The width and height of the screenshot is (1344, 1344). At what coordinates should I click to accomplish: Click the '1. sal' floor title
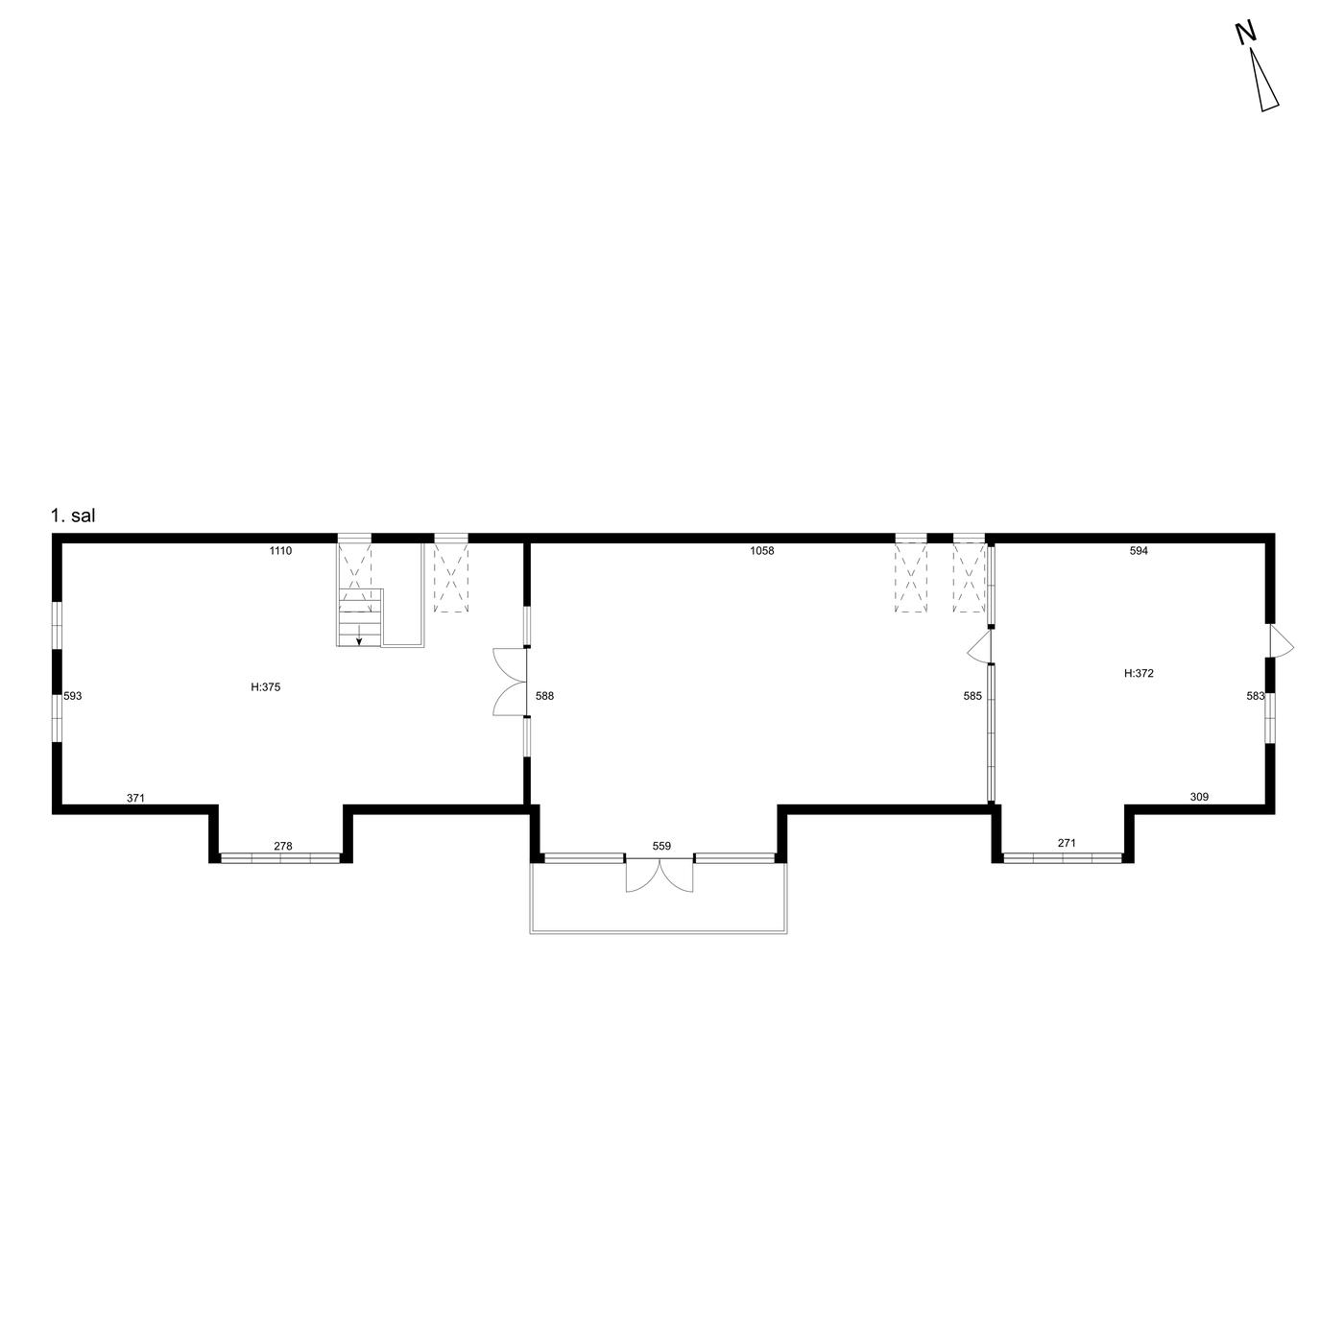click(x=73, y=516)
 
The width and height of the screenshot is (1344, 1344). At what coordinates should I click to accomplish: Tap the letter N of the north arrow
click(x=1245, y=33)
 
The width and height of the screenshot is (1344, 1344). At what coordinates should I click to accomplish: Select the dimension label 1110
click(x=280, y=551)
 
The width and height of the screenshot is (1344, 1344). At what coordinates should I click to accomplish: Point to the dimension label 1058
click(x=761, y=550)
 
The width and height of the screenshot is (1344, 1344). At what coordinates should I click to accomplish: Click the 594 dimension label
click(x=1139, y=550)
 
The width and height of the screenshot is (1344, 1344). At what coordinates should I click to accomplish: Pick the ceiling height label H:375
click(x=266, y=687)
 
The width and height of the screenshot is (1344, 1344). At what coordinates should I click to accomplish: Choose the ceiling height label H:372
click(x=1139, y=673)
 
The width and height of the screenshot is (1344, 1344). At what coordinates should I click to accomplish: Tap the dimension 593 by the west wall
click(x=73, y=695)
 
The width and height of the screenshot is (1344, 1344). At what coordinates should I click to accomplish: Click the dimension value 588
click(x=544, y=695)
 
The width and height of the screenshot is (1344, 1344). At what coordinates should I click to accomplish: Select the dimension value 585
click(x=972, y=695)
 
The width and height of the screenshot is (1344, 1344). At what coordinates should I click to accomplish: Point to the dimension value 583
click(x=1256, y=695)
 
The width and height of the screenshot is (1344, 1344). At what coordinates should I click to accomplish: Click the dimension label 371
click(x=136, y=798)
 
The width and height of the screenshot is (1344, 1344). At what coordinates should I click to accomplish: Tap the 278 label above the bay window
click(x=282, y=846)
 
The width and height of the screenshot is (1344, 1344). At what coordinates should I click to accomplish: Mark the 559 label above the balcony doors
click(x=661, y=846)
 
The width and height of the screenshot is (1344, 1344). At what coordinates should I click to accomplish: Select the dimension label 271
click(x=1067, y=843)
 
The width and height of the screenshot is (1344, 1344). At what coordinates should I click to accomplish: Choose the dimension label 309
click(x=1199, y=797)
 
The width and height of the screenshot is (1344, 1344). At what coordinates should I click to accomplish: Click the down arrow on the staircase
click(x=359, y=636)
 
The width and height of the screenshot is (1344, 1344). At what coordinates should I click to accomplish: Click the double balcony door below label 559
click(x=660, y=874)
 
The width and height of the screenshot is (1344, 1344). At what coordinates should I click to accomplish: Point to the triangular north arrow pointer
click(x=1264, y=80)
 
